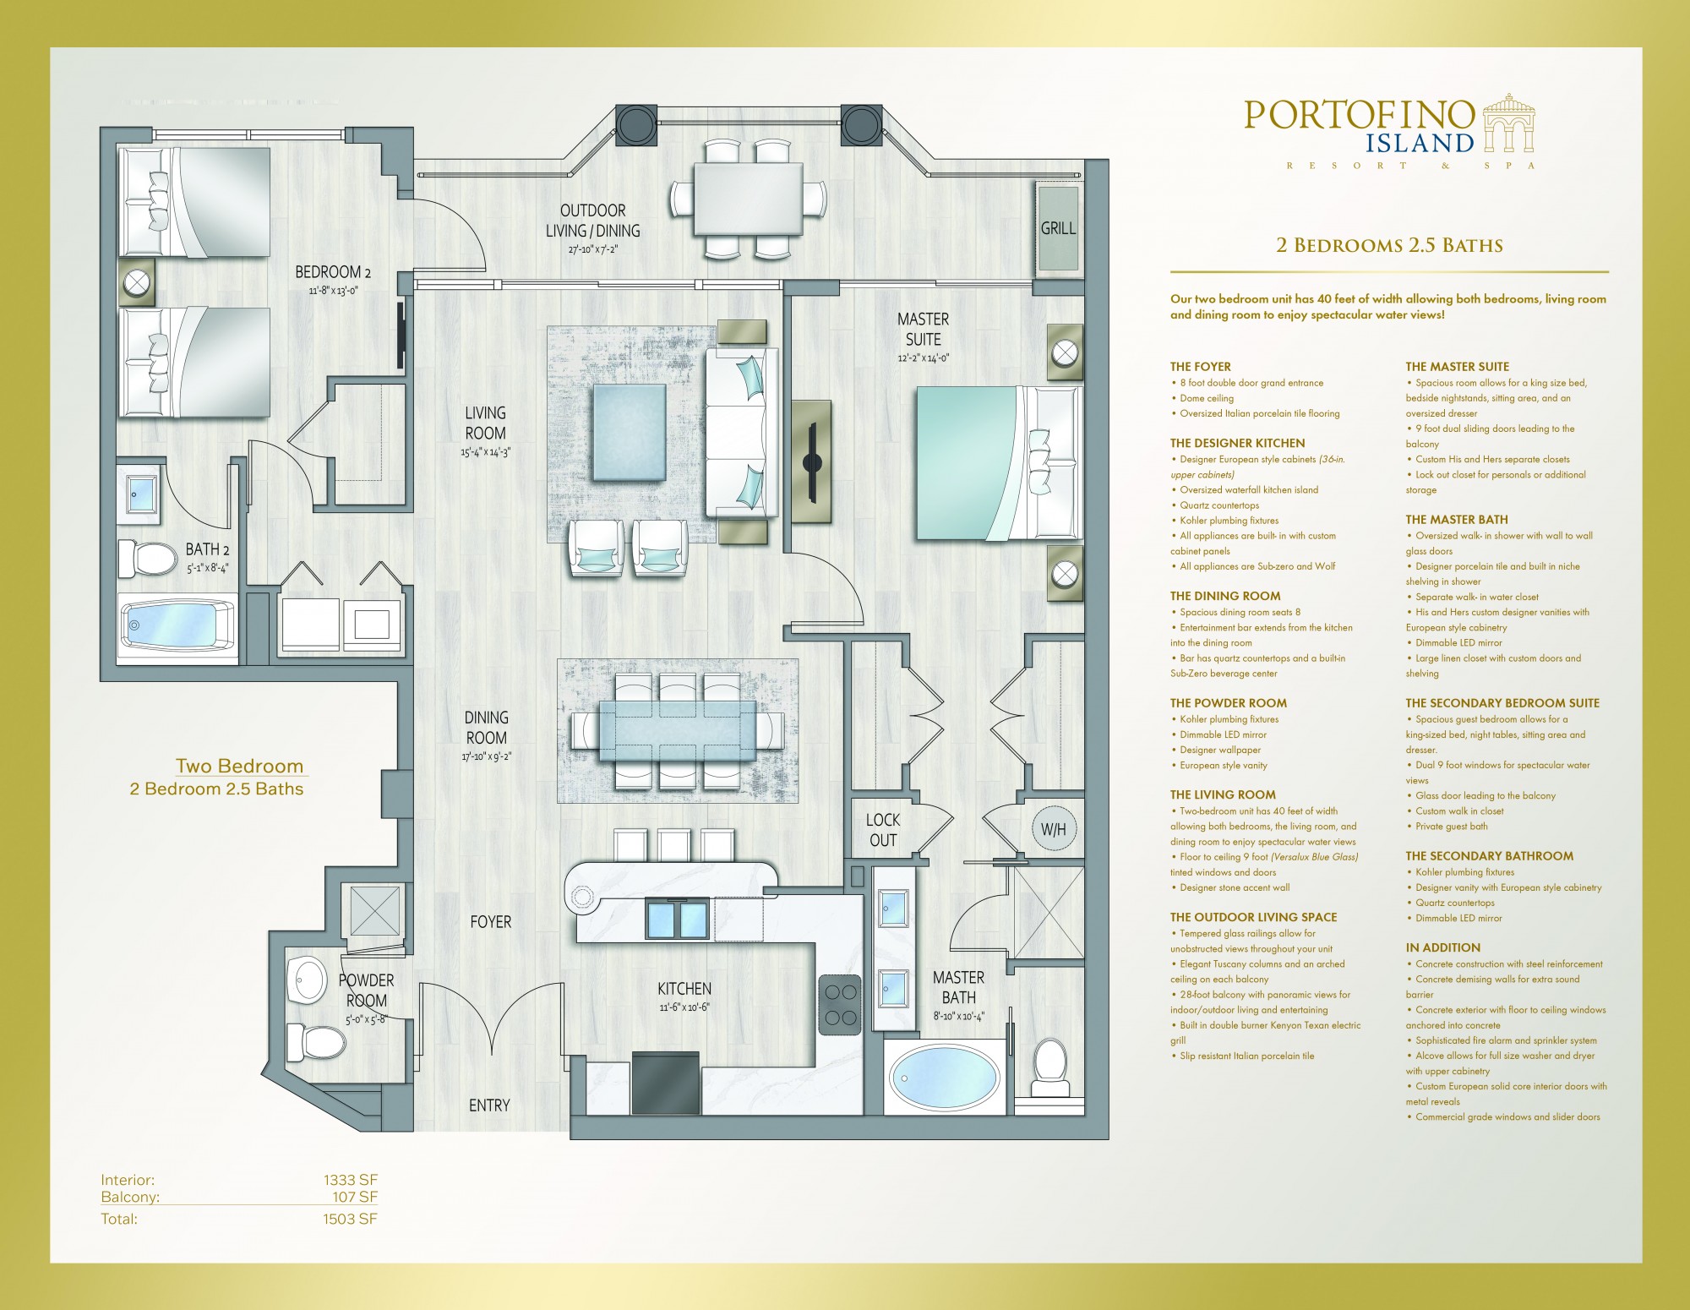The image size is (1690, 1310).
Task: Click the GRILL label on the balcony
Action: [1058, 228]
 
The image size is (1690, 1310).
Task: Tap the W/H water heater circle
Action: [1053, 829]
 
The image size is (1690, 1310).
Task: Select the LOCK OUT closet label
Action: [883, 830]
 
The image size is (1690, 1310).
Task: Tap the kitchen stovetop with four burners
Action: [840, 1004]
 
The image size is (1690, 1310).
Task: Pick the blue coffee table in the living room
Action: [630, 432]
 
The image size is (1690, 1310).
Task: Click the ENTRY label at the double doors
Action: [489, 1105]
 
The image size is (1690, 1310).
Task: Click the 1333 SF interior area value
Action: [350, 1180]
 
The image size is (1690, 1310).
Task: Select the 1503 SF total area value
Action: [350, 1219]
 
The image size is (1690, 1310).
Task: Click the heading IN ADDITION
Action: [1443, 947]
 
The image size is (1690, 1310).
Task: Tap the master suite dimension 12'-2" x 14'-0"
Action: [924, 358]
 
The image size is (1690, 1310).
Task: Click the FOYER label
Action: [491, 922]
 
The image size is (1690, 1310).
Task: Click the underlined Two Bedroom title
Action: [239, 767]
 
